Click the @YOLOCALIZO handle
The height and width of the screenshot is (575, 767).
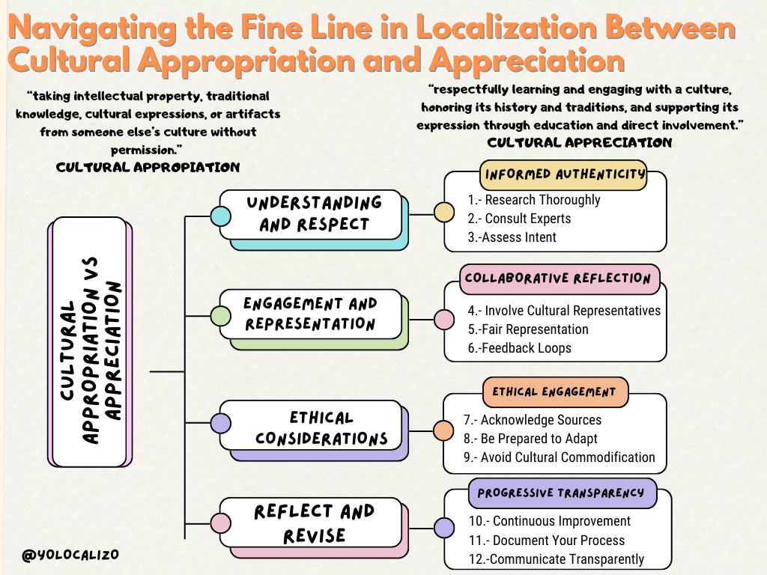click(x=70, y=555)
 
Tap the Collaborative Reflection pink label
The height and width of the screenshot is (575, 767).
click(x=559, y=279)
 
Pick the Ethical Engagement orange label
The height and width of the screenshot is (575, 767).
click(x=554, y=392)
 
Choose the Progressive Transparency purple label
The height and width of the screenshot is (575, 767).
click(x=561, y=493)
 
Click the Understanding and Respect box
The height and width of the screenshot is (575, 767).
click(x=314, y=213)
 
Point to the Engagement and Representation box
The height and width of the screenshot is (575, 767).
click(x=310, y=314)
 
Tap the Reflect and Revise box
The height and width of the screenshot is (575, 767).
click(x=314, y=523)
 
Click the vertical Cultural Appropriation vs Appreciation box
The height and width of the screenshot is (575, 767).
click(x=89, y=342)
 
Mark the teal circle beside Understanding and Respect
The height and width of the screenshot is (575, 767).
click(x=220, y=216)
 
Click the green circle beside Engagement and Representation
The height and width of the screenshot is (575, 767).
click(x=220, y=317)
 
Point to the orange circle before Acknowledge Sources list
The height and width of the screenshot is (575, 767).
click(x=443, y=431)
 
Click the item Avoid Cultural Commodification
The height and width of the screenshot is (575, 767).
click(x=567, y=457)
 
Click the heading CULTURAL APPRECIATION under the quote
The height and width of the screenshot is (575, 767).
click(x=579, y=142)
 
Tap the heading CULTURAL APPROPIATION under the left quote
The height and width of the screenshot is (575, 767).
click(x=148, y=167)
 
